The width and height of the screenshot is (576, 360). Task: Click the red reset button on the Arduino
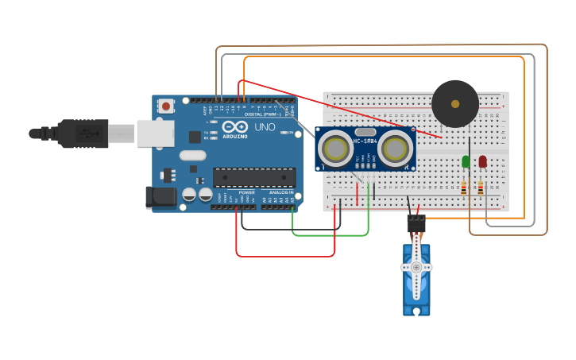pos(165,106)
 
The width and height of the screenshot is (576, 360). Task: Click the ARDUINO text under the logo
pos(235,136)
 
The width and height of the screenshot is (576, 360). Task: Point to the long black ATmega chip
pos(254,178)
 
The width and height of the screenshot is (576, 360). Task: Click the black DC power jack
pos(160,198)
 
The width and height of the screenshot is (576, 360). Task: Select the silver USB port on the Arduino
pos(155,134)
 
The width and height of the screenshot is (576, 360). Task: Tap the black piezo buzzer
pos(455,103)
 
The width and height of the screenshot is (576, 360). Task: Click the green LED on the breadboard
pos(466,161)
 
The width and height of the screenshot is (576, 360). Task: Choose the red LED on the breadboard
pos(482,161)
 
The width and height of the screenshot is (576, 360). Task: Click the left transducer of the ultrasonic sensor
pos(336,148)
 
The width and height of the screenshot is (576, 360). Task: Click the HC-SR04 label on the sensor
pos(365,141)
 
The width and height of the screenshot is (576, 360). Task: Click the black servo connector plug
pos(416,223)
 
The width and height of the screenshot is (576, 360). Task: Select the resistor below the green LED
pos(464,188)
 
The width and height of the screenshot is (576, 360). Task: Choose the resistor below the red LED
pos(481,188)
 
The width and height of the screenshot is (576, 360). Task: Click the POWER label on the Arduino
pos(247,192)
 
